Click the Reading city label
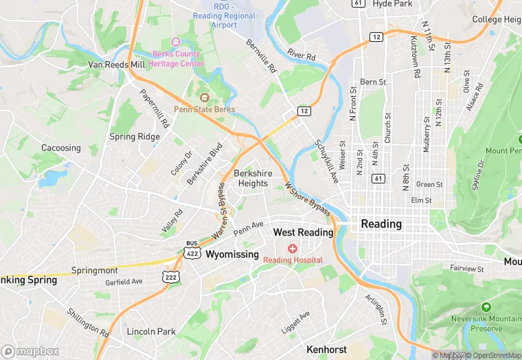click(381, 224)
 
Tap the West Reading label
click(303, 232)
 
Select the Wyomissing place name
click(232, 254)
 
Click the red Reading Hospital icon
click(293, 248)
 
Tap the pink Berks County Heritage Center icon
click(175, 43)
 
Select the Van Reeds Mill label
click(117, 65)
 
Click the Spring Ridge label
click(135, 137)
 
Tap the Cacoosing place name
click(61, 148)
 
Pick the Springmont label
click(95, 271)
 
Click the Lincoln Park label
click(152, 331)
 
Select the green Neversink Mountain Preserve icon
click(486, 306)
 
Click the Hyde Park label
click(392, 4)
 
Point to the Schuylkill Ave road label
click(327, 162)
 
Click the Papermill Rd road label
click(155, 110)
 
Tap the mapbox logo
click(30, 351)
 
